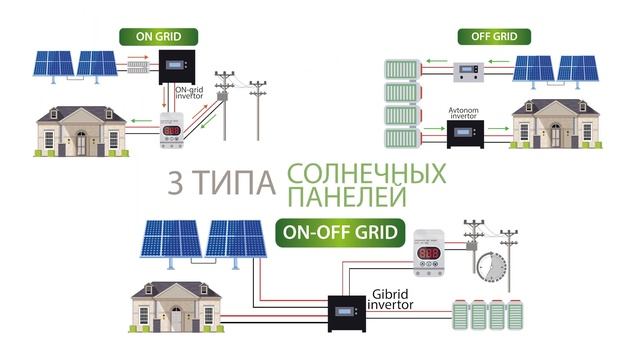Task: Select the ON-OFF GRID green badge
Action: (x=341, y=234)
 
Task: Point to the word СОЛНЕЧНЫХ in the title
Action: (x=366, y=172)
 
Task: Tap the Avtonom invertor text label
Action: (x=465, y=111)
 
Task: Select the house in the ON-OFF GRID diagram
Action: (x=176, y=307)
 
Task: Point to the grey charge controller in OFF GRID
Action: (x=468, y=70)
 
